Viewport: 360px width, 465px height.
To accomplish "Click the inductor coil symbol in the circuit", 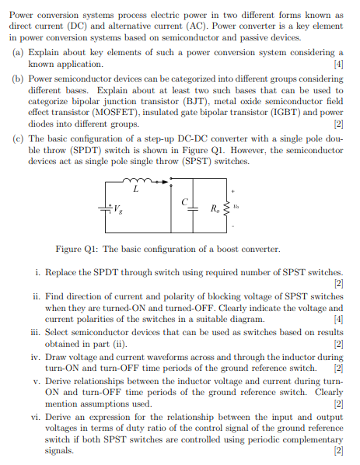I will (138, 180).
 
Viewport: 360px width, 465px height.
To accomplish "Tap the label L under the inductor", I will (136, 191).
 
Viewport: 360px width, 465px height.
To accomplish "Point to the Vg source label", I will (118, 210).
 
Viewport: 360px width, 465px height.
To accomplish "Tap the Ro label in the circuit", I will (216, 209).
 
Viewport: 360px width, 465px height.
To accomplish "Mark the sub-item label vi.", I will (37, 418).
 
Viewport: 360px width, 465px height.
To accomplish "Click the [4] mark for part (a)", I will (337, 62).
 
